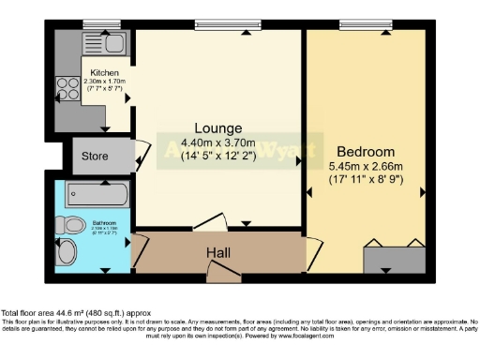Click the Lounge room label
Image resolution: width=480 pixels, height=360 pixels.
pos(217,128)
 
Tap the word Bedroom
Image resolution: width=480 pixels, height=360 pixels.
pos(367,151)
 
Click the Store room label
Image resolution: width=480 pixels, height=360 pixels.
pos(96,156)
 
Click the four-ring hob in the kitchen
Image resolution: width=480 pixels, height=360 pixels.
pos(68,88)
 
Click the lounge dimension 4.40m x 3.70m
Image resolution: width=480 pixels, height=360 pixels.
pos(217,143)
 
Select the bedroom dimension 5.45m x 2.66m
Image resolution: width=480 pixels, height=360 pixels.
pos(367,166)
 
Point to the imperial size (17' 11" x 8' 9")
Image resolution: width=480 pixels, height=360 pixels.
pos(367,178)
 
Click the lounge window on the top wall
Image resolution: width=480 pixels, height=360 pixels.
pos(220,24)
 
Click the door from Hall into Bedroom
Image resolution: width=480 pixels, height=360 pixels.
pos(307,251)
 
